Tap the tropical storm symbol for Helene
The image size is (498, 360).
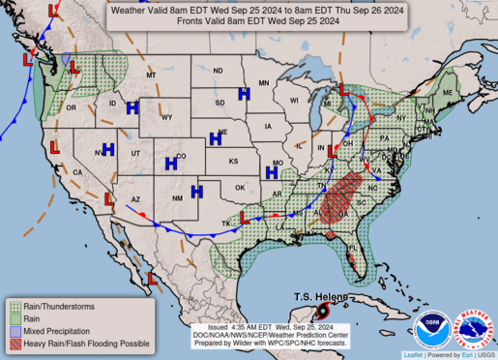pyautogui.click(x=322, y=311)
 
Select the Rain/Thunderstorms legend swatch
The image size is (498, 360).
pyautogui.click(x=15, y=306)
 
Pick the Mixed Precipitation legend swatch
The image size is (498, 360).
pyautogui.click(x=15, y=330)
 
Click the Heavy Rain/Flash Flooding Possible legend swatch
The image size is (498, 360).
pyautogui.click(x=15, y=343)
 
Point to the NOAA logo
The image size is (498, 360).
pyautogui.click(x=431, y=329)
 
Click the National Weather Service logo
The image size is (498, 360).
pyautogui.click(x=474, y=329)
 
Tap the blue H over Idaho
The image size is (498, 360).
pyautogui.click(x=132, y=107)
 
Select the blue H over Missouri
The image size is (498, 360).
pyautogui.click(x=273, y=172)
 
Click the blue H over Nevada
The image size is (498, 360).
pyautogui.click(x=107, y=150)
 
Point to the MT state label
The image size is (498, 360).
pyautogui.click(x=151, y=75)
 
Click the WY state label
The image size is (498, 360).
pyautogui.click(x=166, y=117)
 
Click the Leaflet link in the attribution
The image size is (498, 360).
pyautogui.click(x=413, y=355)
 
